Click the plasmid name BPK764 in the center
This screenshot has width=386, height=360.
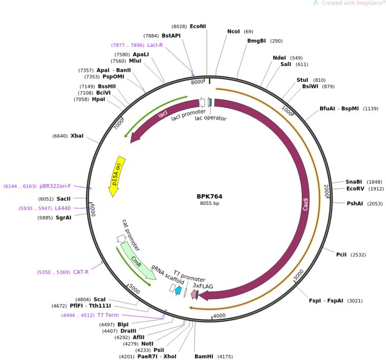[x=209, y=196]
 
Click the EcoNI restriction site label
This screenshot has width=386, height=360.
[x=198, y=26]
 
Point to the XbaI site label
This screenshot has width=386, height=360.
[x=77, y=136]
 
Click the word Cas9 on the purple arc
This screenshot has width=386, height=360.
[x=305, y=205]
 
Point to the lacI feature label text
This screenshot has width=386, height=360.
[x=163, y=115]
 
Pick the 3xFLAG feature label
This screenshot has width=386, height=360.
[x=203, y=286]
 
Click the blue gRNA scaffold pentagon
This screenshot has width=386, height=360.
[x=178, y=290]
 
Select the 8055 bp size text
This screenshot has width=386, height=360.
[x=209, y=204]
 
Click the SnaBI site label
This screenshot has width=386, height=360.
[x=353, y=182]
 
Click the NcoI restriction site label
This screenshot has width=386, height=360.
[x=234, y=31]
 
